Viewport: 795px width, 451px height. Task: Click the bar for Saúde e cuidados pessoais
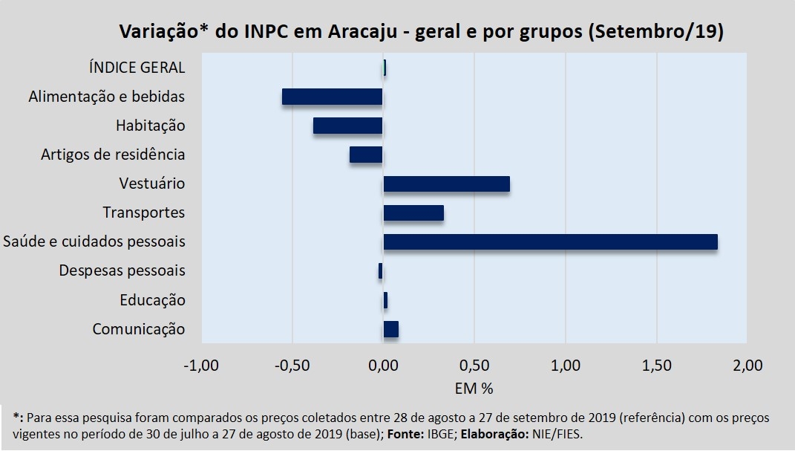point(550,242)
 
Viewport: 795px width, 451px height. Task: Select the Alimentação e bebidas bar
point(332,97)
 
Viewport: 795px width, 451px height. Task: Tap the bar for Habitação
point(347,126)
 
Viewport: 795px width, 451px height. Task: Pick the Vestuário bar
point(446,184)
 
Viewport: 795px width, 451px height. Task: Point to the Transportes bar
point(413,212)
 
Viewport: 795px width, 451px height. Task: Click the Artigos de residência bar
point(366,155)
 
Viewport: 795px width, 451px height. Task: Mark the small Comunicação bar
point(391,329)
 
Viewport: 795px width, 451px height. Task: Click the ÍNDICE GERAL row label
point(136,68)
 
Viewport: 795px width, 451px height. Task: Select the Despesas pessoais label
point(122,270)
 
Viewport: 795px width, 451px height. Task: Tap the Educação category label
point(152,300)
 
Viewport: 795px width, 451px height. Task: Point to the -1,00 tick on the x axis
point(201,366)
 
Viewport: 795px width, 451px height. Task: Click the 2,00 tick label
point(747,366)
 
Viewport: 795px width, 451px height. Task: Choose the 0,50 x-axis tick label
point(474,366)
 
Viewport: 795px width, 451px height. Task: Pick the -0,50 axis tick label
point(292,366)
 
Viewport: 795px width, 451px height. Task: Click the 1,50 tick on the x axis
point(656,366)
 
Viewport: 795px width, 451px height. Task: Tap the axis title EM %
point(474,388)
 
